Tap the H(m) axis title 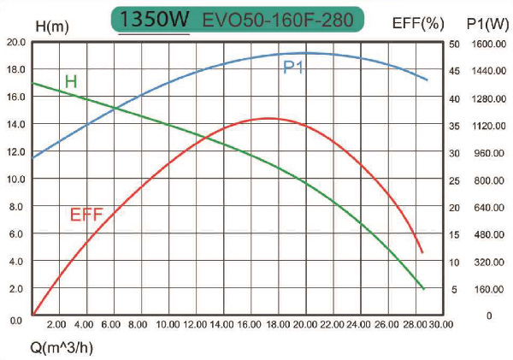point(53,25)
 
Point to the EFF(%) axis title point(416,23)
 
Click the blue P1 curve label point(295,67)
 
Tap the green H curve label point(71,81)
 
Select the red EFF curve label point(86,214)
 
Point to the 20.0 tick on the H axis point(15,42)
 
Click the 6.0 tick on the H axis point(15,233)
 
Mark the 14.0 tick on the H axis point(15,124)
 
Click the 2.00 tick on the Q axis point(56,325)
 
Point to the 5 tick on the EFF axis point(455,289)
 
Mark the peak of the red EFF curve point(269,118)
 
